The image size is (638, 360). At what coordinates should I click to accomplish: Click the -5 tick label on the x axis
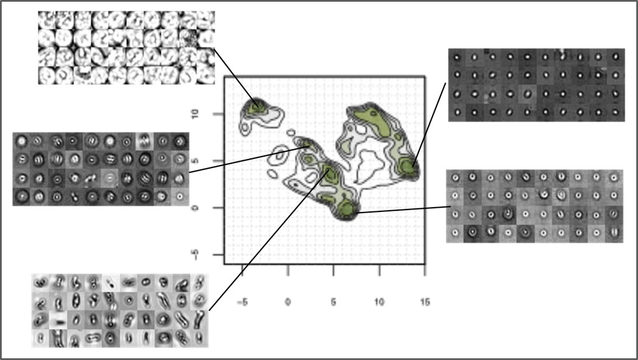(x=242, y=302)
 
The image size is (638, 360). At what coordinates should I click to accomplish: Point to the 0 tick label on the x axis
(x=288, y=302)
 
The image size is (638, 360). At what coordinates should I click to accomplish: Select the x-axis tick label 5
(x=333, y=302)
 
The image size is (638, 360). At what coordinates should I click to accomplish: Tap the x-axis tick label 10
(x=379, y=302)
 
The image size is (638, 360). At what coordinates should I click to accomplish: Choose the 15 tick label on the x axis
(x=425, y=302)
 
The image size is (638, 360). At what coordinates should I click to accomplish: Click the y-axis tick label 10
(x=195, y=113)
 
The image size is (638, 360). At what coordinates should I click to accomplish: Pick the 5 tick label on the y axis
(x=195, y=160)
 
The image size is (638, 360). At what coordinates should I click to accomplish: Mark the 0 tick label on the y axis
(x=195, y=208)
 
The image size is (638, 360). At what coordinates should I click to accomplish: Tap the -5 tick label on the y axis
(x=195, y=255)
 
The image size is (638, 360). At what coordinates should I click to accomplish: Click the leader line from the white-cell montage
(x=236, y=78)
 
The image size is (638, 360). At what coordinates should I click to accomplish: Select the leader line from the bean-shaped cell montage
(x=269, y=241)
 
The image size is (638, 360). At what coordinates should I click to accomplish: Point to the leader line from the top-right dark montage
(x=429, y=125)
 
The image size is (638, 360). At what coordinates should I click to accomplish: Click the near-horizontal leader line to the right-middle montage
(x=403, y=210)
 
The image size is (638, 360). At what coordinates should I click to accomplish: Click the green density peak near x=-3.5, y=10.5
(x=256, y=107)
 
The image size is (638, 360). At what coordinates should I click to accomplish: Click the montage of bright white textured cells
(x=127, y=48)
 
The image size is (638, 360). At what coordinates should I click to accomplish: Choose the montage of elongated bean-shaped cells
(x=120, y=311)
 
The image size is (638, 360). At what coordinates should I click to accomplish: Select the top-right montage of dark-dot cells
(x=536, y=85)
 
